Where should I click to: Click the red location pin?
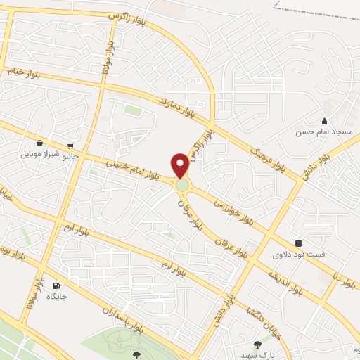181,165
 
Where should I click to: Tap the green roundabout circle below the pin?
183,185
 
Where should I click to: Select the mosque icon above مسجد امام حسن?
323,120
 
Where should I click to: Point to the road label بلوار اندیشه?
282,277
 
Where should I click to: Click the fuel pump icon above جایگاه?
57,285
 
